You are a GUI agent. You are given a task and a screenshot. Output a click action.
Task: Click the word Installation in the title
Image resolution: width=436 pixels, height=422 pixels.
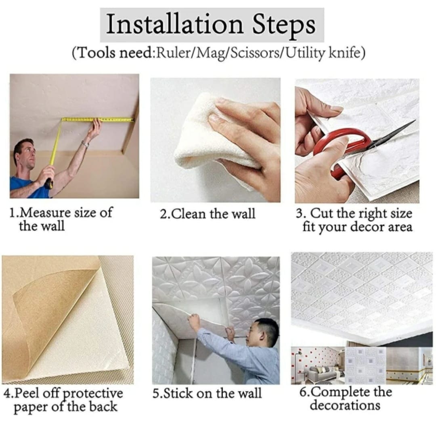(x=175, y=24)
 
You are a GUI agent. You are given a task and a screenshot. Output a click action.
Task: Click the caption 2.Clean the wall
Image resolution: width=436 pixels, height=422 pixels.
(x=207, y=214)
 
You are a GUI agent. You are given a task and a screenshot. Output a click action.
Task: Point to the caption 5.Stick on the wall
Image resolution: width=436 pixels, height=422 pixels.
(x=207, y=393)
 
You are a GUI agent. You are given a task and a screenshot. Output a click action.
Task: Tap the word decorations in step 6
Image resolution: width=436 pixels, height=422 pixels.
(x=345, y=405)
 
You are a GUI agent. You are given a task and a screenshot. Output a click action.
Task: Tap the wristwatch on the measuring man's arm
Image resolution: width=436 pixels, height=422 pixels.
(x=85, y=144)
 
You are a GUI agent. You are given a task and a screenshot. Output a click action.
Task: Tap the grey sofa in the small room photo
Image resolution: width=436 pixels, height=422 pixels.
(x=323, y=374)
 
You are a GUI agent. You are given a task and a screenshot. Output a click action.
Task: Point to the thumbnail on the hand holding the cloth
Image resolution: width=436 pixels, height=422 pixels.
(x=214, y=118)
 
